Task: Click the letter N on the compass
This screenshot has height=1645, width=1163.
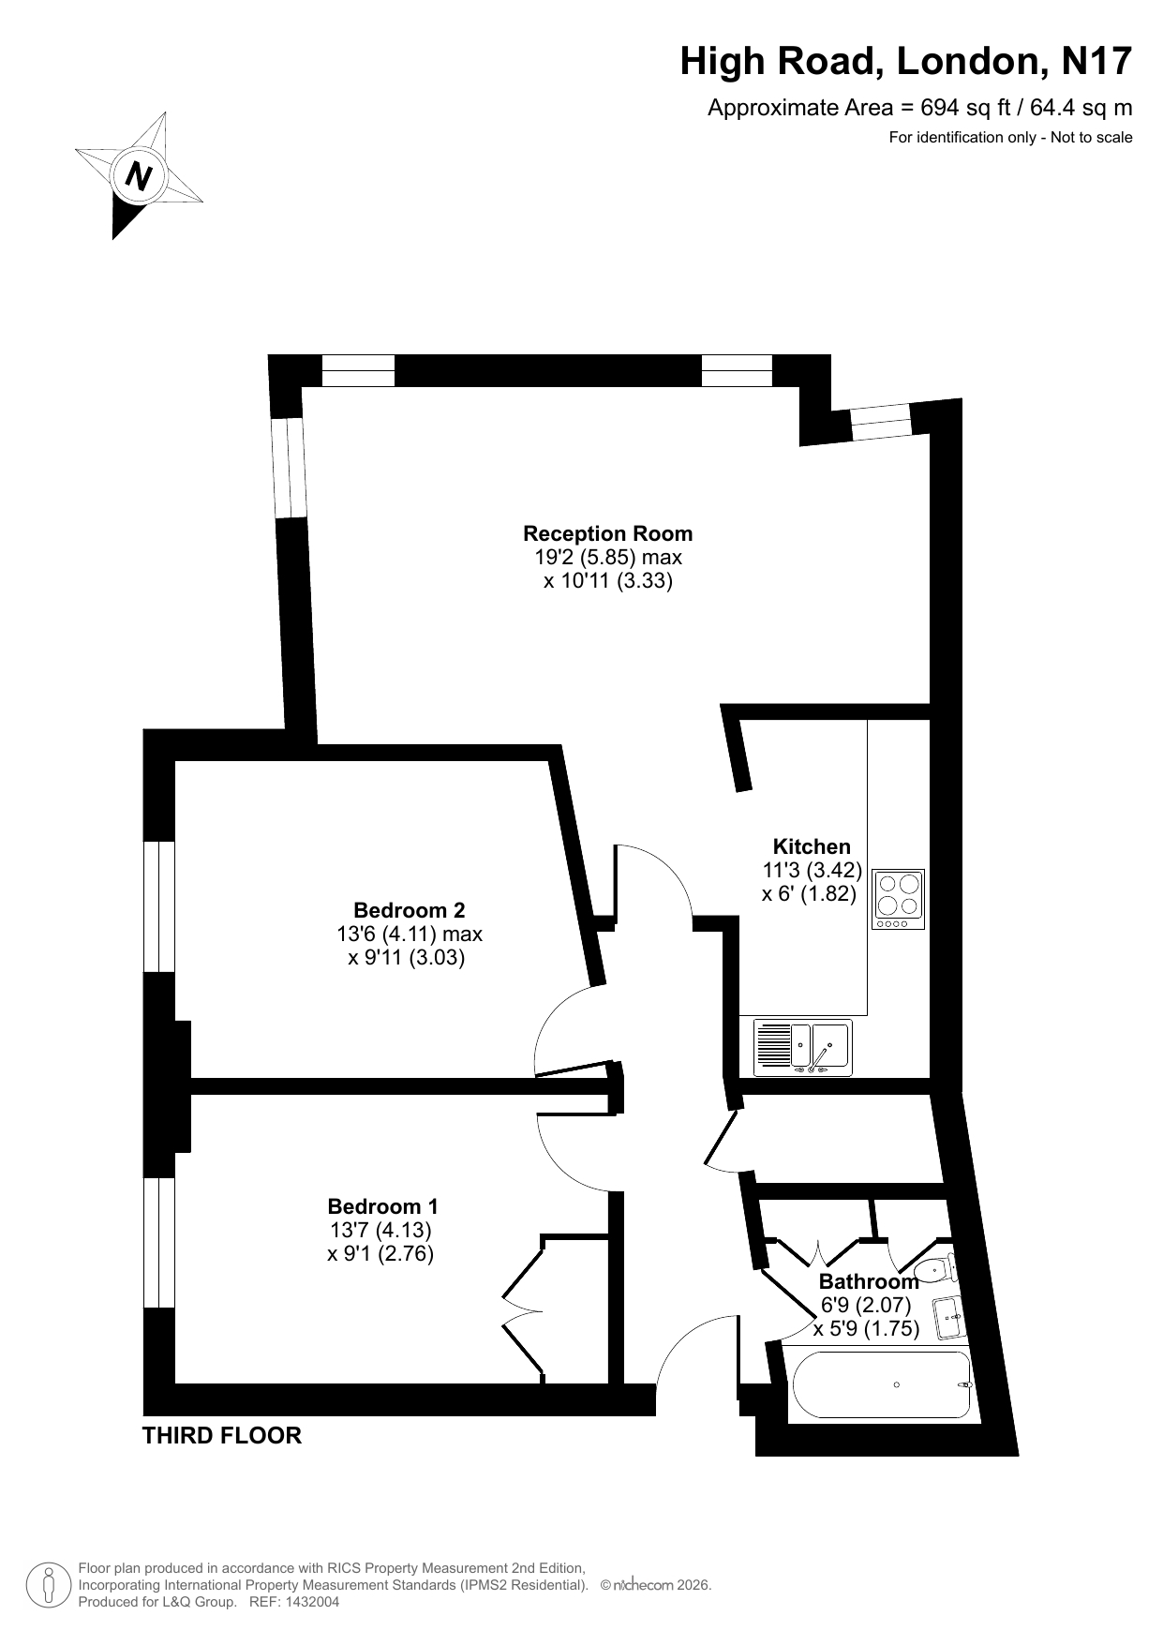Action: [x=139, y=175]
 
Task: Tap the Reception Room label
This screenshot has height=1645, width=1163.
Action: [x=607, y=533]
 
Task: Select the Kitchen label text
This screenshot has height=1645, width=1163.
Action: [x=812, y=846]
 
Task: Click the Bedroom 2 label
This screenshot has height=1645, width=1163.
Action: [x=409, y=910]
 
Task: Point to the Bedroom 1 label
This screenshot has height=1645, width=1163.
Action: [x=382, y=1206]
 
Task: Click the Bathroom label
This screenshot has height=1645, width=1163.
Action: [x=869, y=1281]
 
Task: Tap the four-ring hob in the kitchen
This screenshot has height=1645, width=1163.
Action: [x=899, y=900]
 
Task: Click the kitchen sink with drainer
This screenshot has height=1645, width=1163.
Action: [x=803, y=1048]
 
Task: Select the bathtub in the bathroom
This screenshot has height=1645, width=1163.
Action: [x=881, y=1384]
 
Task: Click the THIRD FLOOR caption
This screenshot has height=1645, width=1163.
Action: [x=222, y=1435]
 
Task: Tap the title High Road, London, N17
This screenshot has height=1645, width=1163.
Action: [x=906, y=62]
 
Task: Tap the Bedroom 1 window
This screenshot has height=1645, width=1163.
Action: [x=159, y=1242]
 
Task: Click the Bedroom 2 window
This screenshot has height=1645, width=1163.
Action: [x=159, y=906]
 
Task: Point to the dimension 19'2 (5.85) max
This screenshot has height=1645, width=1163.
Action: [x=608, y=557]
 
